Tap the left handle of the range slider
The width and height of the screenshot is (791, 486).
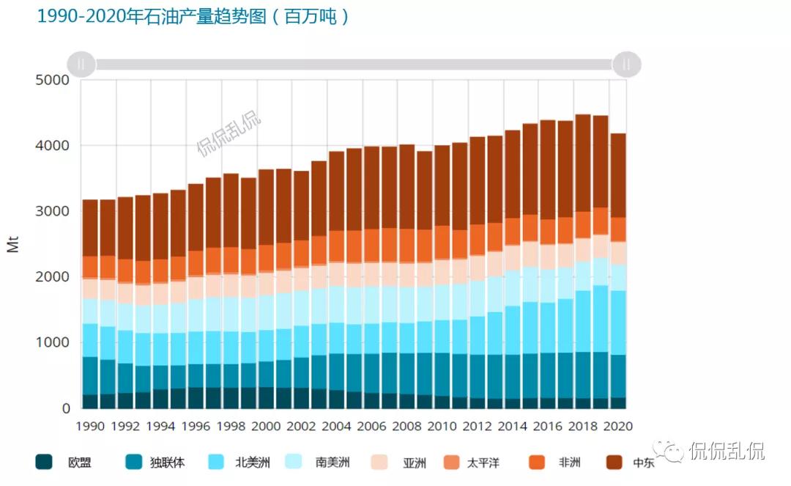81,65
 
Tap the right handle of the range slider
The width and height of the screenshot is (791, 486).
626,65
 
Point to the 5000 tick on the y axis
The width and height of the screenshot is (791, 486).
53,80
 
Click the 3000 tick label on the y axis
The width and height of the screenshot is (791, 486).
53,211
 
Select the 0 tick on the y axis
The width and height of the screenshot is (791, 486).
65,408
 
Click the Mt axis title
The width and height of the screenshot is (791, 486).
12,244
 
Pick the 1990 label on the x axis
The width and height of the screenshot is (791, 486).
90,426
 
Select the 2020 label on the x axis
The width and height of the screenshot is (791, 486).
617,426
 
